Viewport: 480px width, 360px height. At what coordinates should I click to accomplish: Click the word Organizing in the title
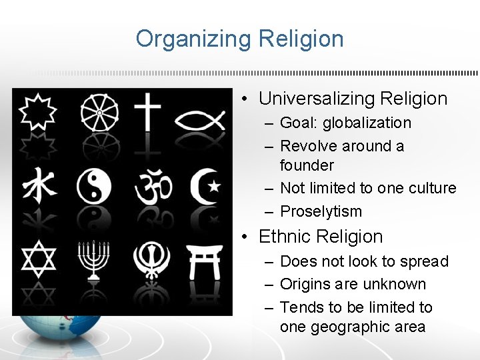pos(190,39)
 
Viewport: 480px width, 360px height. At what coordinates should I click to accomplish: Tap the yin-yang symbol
pos(98,185)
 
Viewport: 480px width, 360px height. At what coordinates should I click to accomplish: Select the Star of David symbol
pos(37,259)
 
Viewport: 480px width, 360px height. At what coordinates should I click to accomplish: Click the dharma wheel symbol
pos(99,112)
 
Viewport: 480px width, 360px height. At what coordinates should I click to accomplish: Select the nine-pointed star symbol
pos(37,111)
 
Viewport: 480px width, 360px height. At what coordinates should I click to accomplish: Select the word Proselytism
pos(321,211)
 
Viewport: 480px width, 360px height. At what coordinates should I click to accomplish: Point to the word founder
pos(307,165)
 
